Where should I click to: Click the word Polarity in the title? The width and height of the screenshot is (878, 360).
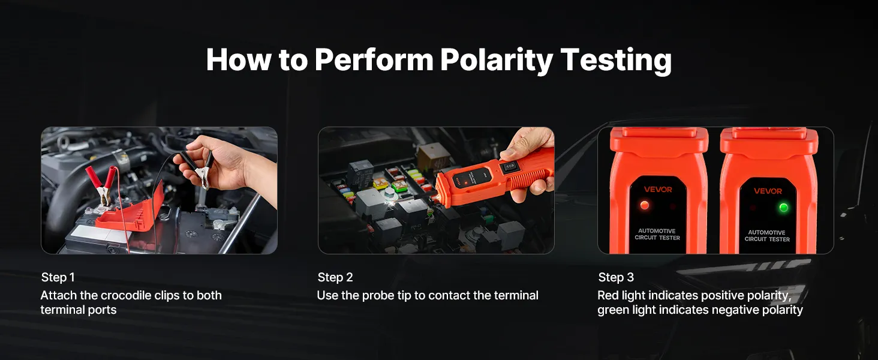coord(496,60)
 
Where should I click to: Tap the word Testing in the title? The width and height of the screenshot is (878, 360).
coord(616,60)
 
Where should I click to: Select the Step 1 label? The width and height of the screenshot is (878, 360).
coord(58,277)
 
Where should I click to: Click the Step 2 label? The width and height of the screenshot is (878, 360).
coord(335,277)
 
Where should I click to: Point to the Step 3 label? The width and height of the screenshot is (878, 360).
coord(616,277)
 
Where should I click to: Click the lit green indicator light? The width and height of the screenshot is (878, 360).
coord(783,208)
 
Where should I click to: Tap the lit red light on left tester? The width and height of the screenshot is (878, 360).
coord(644,205)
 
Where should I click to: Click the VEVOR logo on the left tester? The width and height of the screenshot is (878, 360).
coord(658,190)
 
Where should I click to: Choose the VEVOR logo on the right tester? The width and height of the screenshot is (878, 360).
coord(768,191)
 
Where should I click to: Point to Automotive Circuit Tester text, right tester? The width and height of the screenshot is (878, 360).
coord(767,236)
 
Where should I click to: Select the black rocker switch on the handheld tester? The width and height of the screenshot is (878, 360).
coord(510,167)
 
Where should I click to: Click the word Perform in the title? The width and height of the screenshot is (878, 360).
coord(374,60)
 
